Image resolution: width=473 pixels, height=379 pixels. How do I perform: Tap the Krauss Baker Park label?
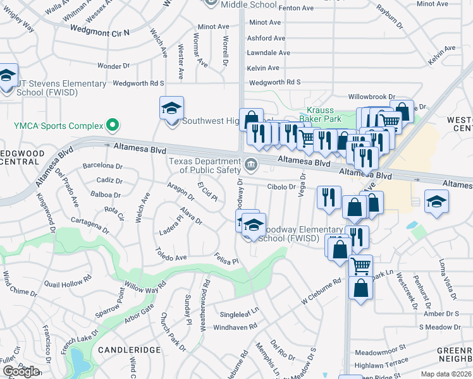[x=324, y=114]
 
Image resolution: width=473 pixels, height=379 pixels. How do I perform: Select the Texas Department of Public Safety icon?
[x=251, y=165]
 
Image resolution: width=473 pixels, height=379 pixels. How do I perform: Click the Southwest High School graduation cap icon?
[x=171, y=108]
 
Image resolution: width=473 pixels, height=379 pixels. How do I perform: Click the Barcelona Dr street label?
[x=101, y=166]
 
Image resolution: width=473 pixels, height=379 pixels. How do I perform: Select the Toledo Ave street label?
[x=171, y=258]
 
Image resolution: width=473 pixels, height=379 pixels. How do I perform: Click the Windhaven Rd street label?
[x=235, y=327]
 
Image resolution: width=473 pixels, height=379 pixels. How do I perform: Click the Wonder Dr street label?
[x=113, y=66]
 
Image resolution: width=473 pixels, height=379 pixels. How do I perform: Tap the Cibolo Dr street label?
[x=281, y=187]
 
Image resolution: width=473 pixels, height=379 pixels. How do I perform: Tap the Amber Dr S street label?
[x=441, y=314]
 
